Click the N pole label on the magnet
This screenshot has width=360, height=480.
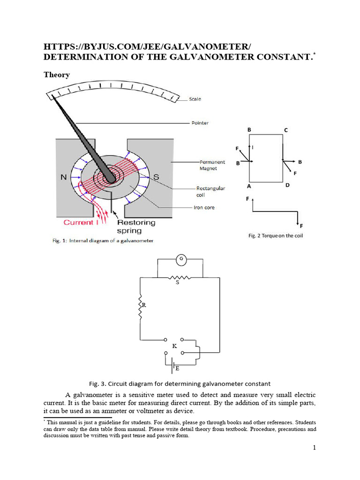click(63, 178)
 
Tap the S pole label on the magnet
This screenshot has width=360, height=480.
click(157, 177)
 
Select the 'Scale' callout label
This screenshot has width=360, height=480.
click(195, 99)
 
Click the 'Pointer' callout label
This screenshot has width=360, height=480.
click(200, 123)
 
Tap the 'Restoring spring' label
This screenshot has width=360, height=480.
click(136, 226)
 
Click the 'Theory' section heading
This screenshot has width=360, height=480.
click(57, 75)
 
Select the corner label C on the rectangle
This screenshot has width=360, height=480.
click(285, 129)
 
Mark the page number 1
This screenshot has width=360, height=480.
click(315, 448)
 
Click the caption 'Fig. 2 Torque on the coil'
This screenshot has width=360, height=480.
click(275, 235)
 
